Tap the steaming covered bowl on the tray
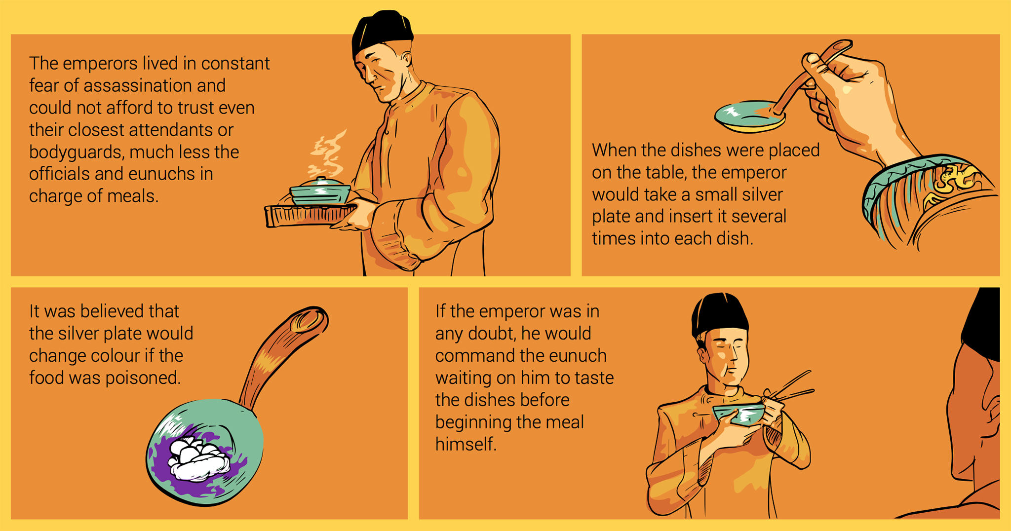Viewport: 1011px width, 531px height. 320,191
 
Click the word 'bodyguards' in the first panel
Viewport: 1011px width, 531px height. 77,152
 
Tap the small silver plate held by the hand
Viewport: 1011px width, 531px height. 749,116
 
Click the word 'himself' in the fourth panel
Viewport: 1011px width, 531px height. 466,445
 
